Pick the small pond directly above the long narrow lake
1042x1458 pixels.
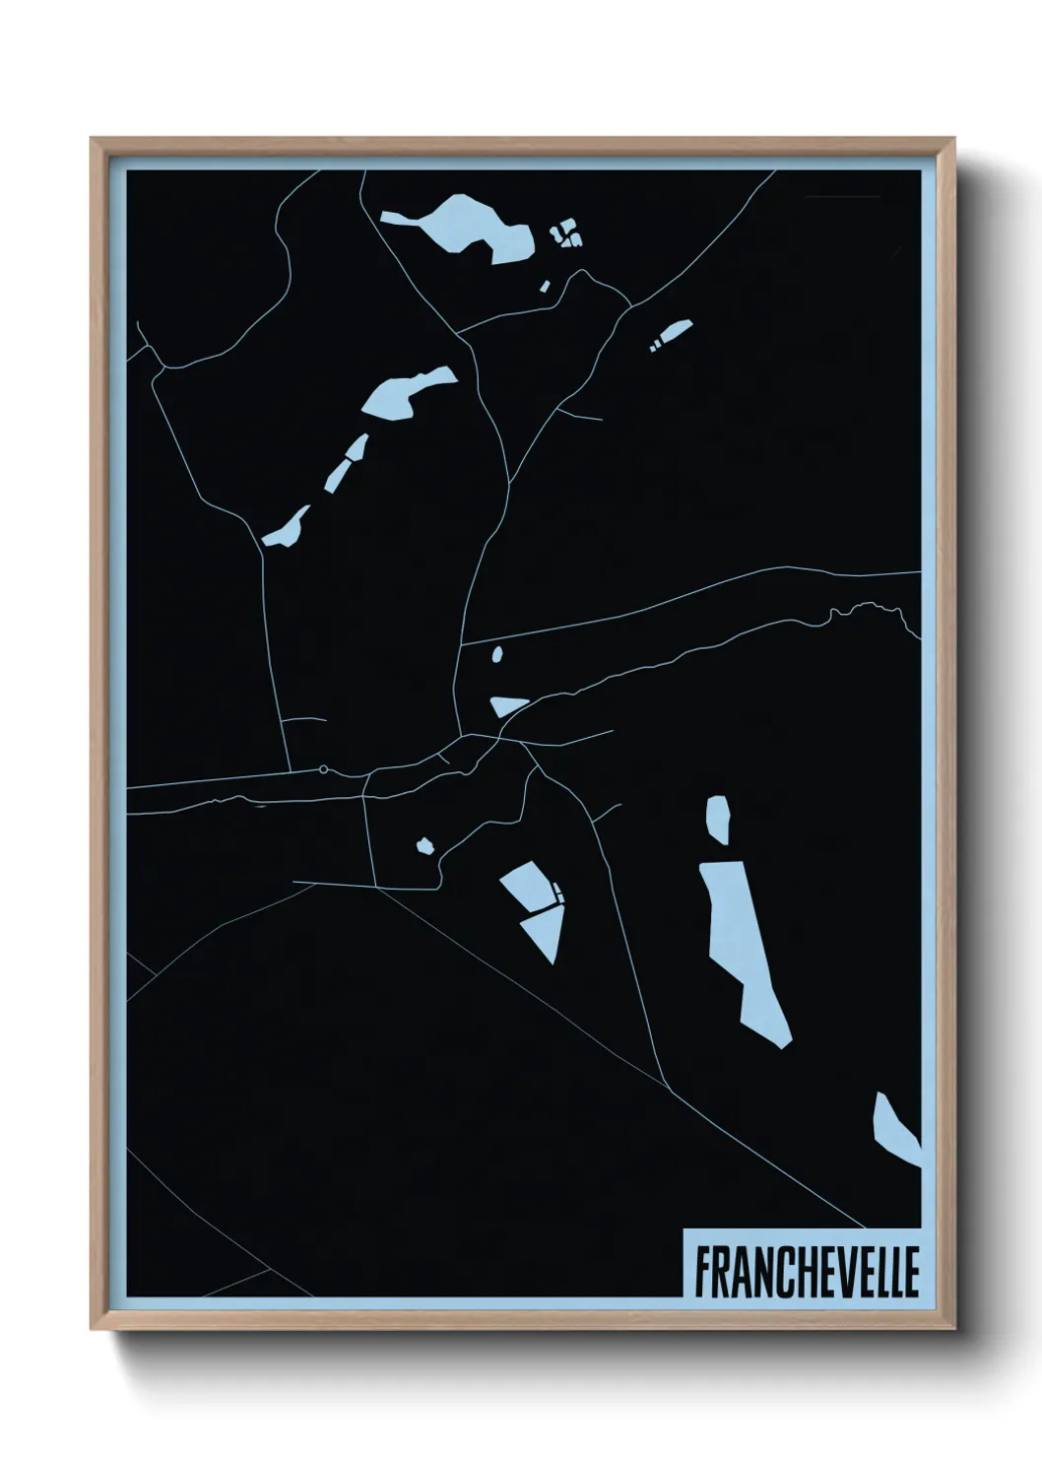pos(718,819)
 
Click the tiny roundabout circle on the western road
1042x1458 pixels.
pos(323,768)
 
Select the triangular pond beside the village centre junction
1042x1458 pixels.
pos(506,704)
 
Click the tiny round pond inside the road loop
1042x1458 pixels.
pos(425,845)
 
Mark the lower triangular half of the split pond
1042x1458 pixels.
pos(545,932)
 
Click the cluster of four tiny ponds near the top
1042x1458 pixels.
pos(565,234)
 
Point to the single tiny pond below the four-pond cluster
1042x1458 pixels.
pos(544,286)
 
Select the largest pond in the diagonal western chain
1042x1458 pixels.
pos(406,393)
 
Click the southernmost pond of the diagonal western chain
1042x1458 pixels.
pos(285,529)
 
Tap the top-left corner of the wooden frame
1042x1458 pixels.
pos(93,140)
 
